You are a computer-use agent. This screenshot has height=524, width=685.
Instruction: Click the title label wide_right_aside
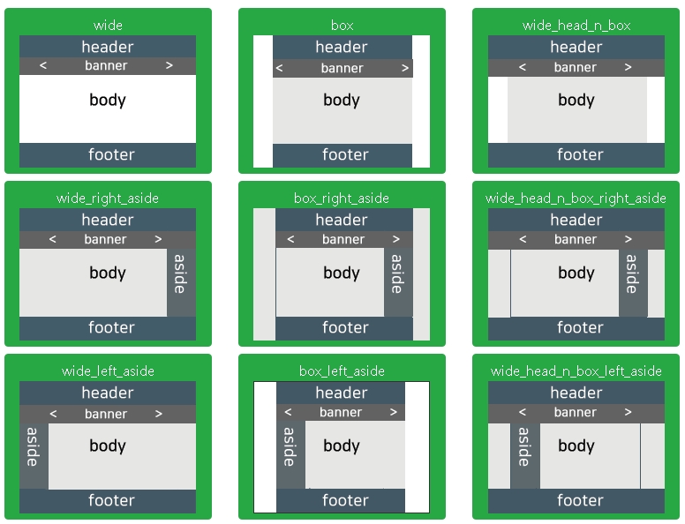[108, 198]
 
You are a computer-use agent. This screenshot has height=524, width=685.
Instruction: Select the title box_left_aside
[341, 371]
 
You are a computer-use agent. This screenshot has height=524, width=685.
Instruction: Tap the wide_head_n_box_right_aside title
[576, 198]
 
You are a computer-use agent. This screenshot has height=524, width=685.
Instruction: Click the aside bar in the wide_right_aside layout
[180, 273]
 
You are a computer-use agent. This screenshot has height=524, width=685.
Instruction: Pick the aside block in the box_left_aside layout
[290, 446]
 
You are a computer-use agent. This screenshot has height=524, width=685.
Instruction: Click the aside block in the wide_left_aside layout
[34, 446]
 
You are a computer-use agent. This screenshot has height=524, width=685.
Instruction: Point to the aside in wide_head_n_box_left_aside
[524, 446]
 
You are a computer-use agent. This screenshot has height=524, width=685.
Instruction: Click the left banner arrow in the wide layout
[43, 66]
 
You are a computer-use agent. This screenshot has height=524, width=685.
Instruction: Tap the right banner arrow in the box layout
[405, 69]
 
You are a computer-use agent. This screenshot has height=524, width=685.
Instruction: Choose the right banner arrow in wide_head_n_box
[629, 68]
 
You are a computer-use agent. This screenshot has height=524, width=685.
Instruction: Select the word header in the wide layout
[108, 47]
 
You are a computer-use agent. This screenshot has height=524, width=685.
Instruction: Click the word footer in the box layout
[345, 155]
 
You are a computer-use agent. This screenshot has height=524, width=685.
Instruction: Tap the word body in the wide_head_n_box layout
[576, 101]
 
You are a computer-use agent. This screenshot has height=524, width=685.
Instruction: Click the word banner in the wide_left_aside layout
[106, 414]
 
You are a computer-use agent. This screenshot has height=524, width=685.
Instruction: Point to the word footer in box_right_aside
[345, 328]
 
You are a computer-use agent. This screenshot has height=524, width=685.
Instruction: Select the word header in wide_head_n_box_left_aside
[576, 393]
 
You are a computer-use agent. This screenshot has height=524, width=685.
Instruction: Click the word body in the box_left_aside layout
[342, 446]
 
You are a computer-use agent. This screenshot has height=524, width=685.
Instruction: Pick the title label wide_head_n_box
[576, 26]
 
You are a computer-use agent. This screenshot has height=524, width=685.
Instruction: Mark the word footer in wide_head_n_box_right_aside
[580, 328]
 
